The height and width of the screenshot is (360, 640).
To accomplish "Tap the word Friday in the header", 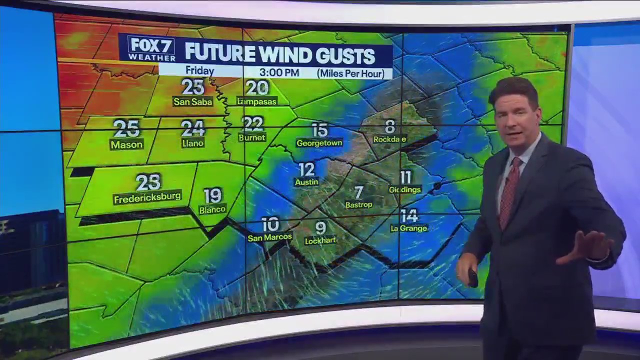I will click(x=199, y=71).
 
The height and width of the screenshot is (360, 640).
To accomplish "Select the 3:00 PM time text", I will click(x=279, y=73).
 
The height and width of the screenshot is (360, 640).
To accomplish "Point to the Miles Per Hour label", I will click(x=350, y=73).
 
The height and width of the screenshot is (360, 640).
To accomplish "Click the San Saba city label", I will click(x=192, y=102).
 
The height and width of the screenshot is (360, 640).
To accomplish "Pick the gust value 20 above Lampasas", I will click(x=257, y=88).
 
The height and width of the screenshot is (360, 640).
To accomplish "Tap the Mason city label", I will click(x=126, y=145).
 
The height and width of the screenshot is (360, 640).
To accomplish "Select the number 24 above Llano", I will click(x=192, y=128).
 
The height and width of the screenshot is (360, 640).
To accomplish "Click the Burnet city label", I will click(x=252, y=137).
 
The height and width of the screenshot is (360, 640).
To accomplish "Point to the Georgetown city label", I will click(x=319, y=143).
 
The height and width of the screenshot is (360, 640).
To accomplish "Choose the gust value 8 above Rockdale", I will click(x=390, y=126).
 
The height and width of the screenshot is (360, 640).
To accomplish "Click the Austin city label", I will click(x=306, y=182).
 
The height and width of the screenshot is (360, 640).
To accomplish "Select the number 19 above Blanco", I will click(x=212, y=195).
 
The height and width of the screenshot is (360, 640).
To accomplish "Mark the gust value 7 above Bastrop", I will click(x=358, y=192).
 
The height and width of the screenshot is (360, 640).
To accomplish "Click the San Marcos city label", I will click(x=269, y=237).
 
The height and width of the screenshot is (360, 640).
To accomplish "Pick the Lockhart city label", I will click(x=320, y=240).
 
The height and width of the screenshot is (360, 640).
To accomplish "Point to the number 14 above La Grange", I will click(x=409, y=216).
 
